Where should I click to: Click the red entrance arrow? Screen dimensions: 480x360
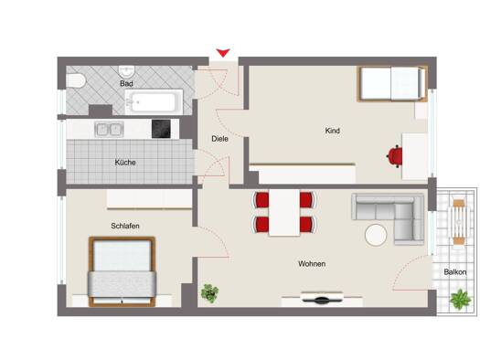click(223, 53)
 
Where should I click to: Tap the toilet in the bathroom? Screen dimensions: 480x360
click(76, 81)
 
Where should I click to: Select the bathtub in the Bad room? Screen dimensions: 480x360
click(154, 101)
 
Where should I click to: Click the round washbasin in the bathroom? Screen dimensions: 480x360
click(127, 71)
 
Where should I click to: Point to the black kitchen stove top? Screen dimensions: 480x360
click(161, 129)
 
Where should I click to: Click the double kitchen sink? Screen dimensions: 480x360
click(110, 130)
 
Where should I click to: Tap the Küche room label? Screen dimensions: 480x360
click(125, 163)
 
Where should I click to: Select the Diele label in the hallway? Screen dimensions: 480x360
click(219, 139)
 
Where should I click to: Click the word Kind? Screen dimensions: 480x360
click(333, 131)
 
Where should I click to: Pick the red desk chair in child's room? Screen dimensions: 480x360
click(395, 156)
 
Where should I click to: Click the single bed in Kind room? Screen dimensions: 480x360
click(392, 83)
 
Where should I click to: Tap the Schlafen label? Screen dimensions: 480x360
click(125, 226)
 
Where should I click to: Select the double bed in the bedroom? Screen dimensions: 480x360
click(123, 271)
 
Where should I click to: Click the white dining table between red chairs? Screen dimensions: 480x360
click(284, 213)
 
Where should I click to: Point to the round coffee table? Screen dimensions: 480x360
click(376, 235)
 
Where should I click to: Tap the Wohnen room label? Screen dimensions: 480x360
click(312, 264)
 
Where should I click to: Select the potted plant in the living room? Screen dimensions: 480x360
click(209, 293)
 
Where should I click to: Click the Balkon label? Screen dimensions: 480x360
click(455, 272)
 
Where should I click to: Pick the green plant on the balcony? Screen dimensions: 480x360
click(460, 299)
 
